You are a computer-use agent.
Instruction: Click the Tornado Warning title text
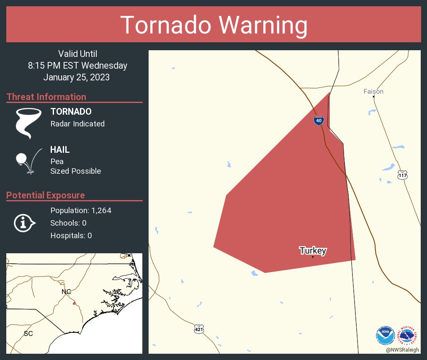pos(214,25)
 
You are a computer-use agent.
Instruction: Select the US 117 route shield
pos(402,175)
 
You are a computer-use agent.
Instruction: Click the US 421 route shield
pos(199,329)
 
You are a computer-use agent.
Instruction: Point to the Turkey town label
pos(313,251)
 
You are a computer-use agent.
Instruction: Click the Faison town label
pos(373,91)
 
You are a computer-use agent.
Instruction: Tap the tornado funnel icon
pos(28,123)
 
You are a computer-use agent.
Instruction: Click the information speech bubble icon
pos(24,223)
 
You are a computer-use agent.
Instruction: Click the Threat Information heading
pos(46,97)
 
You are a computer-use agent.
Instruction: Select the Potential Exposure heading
pos(46,195)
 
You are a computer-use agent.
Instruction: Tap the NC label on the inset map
pos(66,291)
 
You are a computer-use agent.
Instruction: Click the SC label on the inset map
pos(28,334)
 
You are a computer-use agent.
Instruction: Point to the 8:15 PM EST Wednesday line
pos(77,66)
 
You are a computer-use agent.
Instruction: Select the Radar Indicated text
pos(77,124)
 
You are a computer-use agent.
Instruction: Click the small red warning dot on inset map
pos(74,303)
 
